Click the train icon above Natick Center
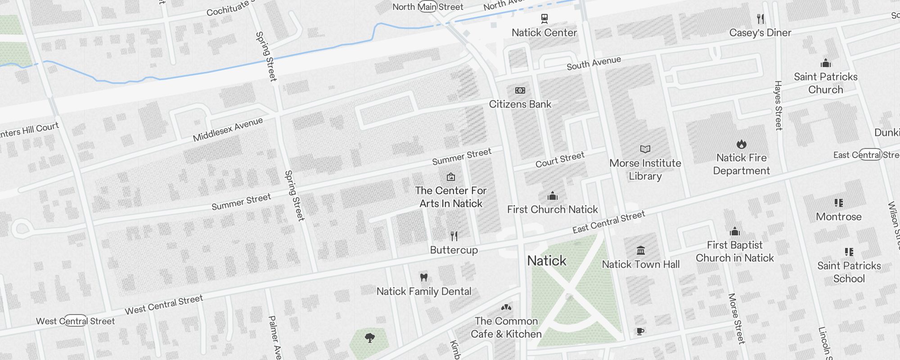(544, 18)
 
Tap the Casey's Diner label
(760, 33)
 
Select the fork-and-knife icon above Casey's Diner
(760, 19)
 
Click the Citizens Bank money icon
(520, 90)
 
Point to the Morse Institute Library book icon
(645, 149)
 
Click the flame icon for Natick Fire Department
(741, 144)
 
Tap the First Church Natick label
(552, 209)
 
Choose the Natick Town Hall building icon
(641, 250)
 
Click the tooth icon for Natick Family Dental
(423, 277)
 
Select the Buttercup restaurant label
(454, 250)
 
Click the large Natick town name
(546, 261)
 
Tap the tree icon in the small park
(370, 337)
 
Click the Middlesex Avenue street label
(228, 130)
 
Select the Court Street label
(560, 159)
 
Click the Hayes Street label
(778, 106)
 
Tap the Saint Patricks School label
(849, 272)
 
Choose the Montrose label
(838, 216)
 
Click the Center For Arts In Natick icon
(450, 177)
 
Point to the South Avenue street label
(594, 63)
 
